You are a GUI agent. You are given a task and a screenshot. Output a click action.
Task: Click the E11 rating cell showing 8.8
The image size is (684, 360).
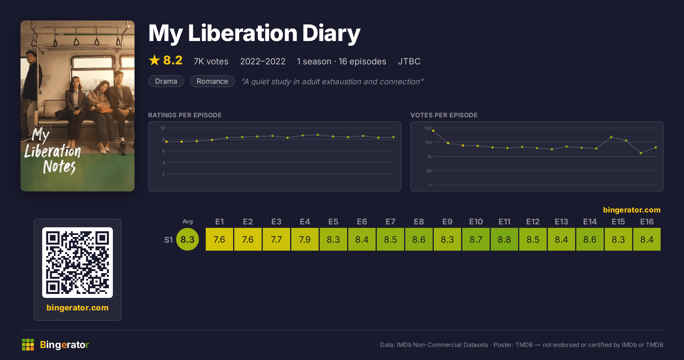coord(504,239)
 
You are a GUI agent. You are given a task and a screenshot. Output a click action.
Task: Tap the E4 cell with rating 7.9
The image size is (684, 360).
coord(305,239)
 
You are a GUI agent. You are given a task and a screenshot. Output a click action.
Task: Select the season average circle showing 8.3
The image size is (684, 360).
coord(188,239)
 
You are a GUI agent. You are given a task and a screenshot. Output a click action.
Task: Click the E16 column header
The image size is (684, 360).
coord(647,222)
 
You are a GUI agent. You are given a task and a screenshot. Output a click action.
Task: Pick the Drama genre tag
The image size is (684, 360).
coord(166,81)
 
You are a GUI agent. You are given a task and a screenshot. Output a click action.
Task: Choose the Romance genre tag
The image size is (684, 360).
coord(212,81)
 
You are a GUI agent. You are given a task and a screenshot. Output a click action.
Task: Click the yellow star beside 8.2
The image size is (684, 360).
coord(154,60)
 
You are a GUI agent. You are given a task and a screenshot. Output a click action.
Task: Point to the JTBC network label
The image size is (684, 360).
coord(409,61)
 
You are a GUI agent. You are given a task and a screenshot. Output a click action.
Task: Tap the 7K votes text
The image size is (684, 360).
coord(211,61)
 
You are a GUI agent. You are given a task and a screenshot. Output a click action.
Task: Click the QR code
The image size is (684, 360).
coord(78,263)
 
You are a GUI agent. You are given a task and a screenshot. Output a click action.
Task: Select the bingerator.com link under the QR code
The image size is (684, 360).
coord(78,308)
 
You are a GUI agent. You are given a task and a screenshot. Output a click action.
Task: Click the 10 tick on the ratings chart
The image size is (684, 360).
coord(163,128)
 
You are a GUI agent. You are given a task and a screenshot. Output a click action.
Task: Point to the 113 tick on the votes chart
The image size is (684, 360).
coord(429,142)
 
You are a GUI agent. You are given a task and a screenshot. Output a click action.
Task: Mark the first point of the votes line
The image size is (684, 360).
coord(433,131)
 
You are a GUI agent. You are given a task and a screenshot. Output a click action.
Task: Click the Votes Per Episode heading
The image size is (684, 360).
coord(444,115)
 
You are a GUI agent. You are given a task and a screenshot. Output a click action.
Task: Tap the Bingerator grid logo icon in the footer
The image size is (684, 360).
coord(28,345)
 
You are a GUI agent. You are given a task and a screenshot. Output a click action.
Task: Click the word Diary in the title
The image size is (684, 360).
coord(331,33)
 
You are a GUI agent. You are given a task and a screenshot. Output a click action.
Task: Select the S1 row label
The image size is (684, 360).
coord(168,240)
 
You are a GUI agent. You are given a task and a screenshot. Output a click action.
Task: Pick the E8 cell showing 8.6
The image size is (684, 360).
coord(419,239)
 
